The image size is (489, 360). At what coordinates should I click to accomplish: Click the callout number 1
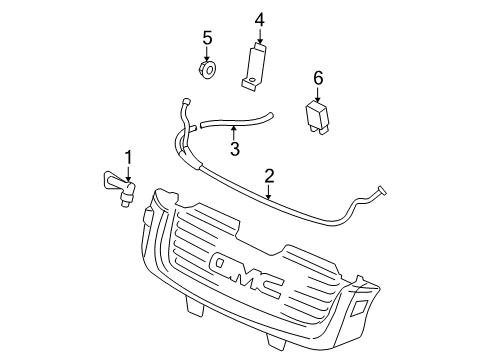(128, 156)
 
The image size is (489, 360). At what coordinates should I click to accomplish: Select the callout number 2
(268, 176)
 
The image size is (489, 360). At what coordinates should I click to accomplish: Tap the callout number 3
(233, 150)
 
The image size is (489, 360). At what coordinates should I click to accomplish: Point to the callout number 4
(259, 19)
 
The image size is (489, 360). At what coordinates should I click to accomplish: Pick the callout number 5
(207, 38)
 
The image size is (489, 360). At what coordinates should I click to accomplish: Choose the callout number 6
(318, 76)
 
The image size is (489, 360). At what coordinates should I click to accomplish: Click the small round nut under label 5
(208, 70)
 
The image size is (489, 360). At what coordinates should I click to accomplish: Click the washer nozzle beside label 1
(121, 187)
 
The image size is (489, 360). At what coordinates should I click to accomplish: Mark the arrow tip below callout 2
(268, 198)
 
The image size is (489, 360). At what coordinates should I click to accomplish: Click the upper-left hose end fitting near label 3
(185, 100)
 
